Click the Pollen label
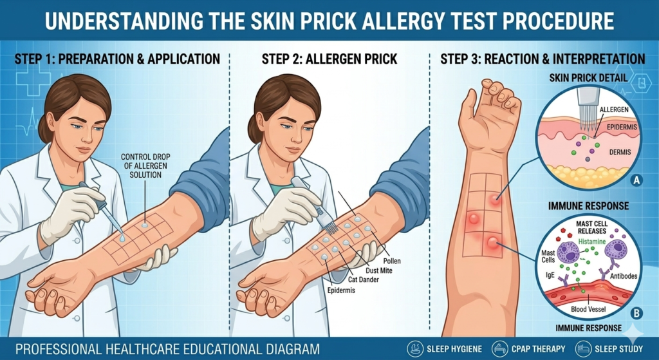click(x=392, y=261)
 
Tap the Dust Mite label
click(x=378, y=270)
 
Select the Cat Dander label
click(x=364, y=279)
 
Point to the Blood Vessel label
click(x=588, y=310)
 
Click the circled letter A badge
click(x=636, y=180)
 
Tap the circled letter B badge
click(x=636, y=314)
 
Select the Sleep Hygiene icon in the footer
click(x=415, y=348)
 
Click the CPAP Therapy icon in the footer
click(x=499, y=348)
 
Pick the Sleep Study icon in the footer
click(x=583, y=348)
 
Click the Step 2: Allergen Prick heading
click(x=329, y=59)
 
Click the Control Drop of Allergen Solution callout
click(x=145, y=166)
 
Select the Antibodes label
click(x=622, y=276)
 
